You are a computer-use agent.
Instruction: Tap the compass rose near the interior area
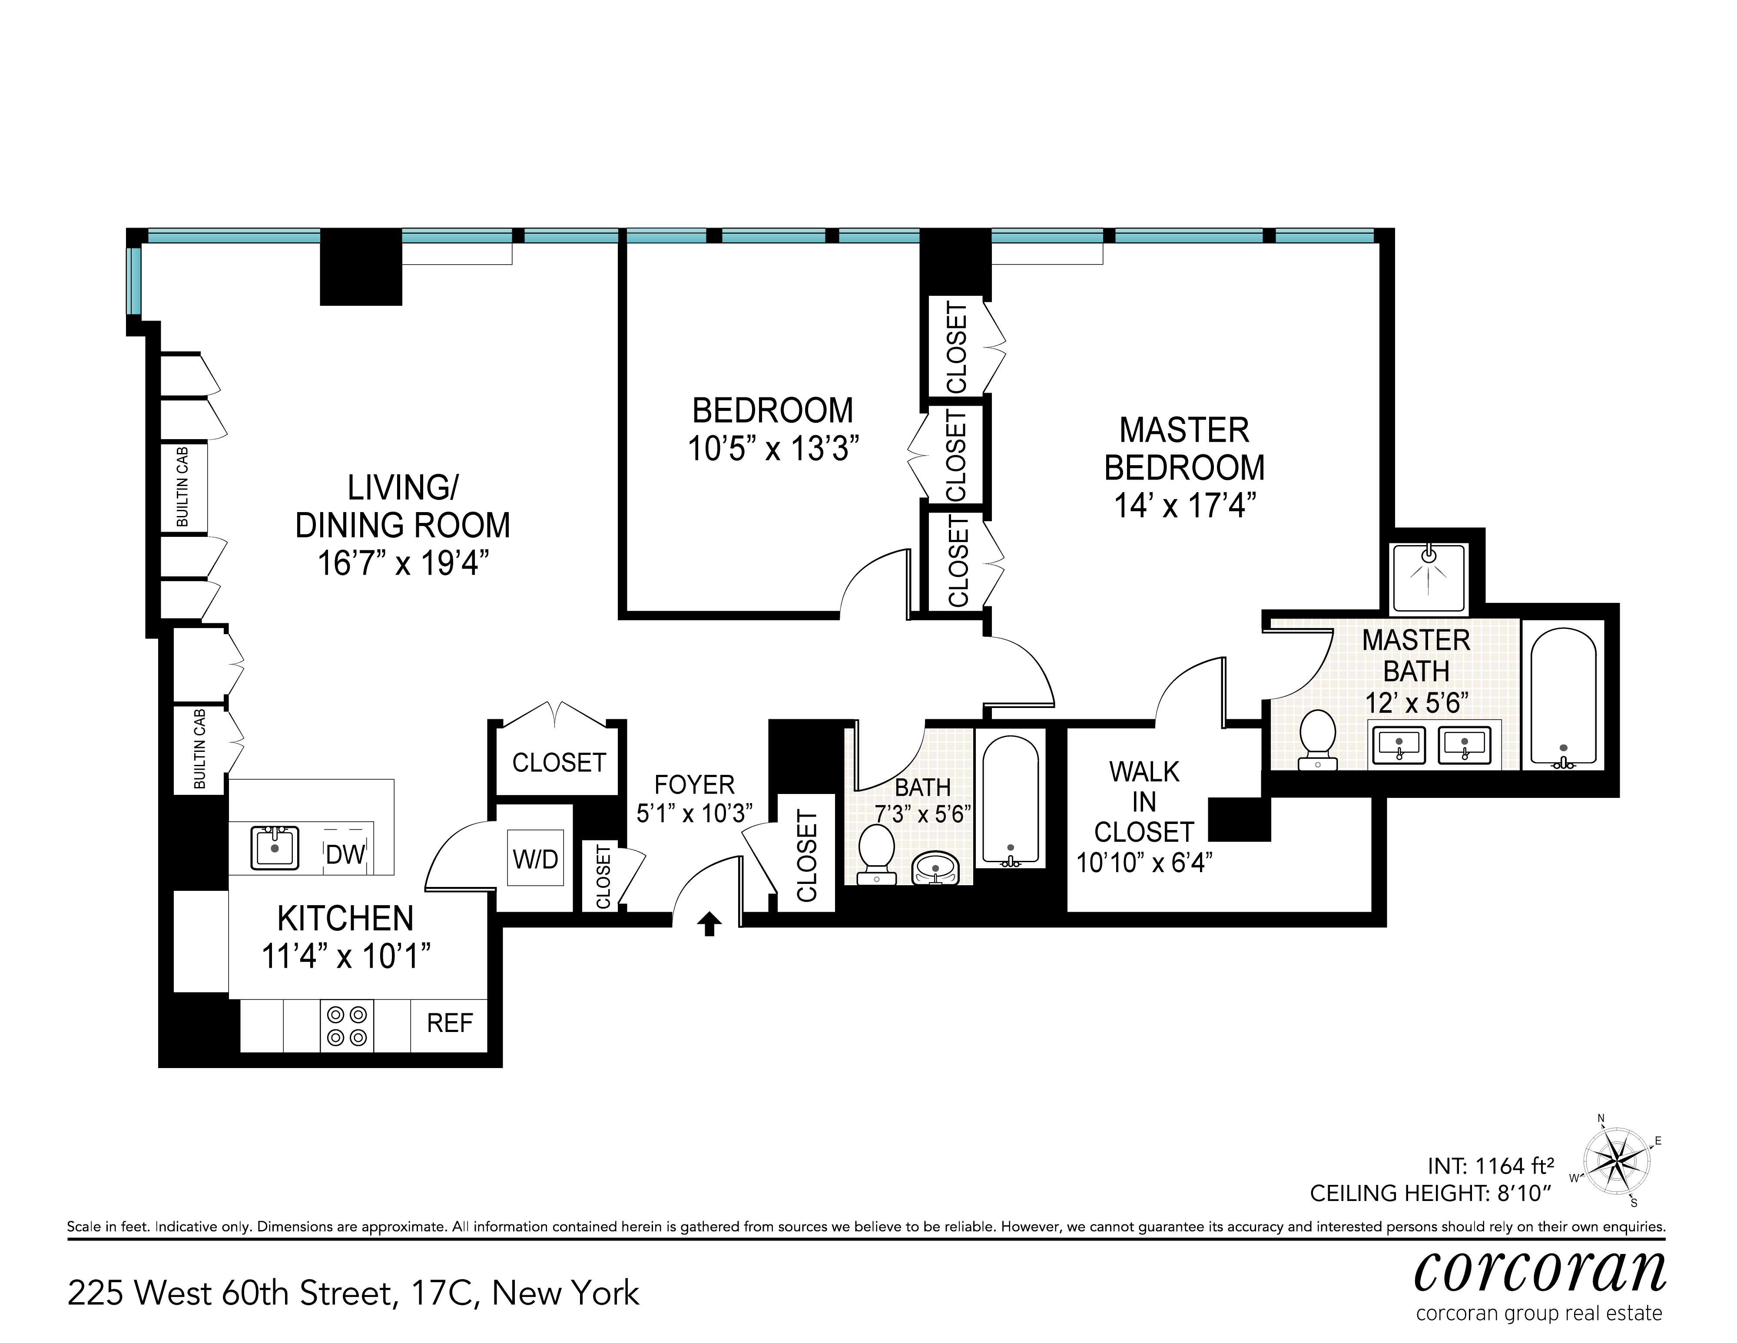pyautogui.click(x=1618, y=1160)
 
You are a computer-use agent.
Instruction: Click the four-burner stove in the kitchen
pyautogui.click(x=347, y=1026)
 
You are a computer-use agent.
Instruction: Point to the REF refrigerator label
pyautogui.click(x=449, y=1023)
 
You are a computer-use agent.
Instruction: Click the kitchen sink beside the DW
pyautogui.click(x=275, y=847)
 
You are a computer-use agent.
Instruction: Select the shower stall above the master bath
pyautogui.click(x=1429, y=577)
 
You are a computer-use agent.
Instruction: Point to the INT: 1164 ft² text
pyautogui.click(x=1491, y=1166)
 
